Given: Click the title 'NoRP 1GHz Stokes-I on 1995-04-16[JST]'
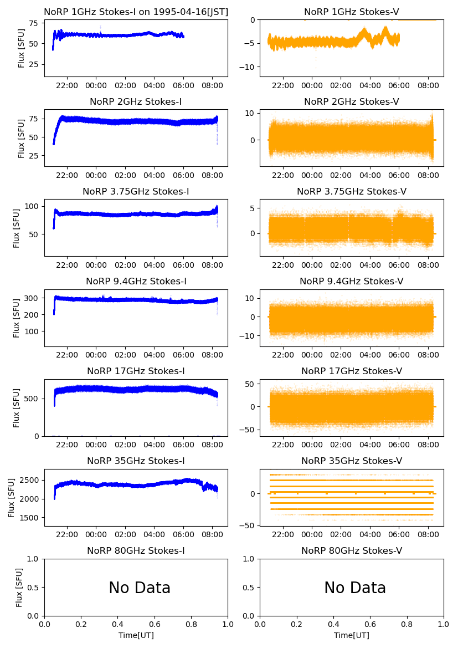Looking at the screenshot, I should [136, 12].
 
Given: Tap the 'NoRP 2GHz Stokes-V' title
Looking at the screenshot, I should [352, 101].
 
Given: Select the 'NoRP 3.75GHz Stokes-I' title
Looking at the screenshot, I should [136, 191].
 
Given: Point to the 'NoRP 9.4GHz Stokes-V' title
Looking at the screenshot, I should [352, 281].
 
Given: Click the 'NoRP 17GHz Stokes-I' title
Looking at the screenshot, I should [136, 371].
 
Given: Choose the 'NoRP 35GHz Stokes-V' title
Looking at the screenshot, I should [352, 461].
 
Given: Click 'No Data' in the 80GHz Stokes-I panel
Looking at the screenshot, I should [140, 588].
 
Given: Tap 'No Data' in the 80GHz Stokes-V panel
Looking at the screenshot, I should [355, 588].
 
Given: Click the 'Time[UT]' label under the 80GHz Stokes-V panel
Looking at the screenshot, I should [352, 635].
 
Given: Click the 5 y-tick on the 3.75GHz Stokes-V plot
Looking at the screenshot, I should [252, 208].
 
